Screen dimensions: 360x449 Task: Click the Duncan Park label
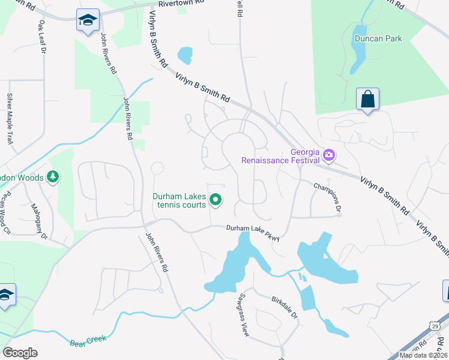(x=378, y=38)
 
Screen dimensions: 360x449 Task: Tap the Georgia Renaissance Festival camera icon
(x=328, y=155)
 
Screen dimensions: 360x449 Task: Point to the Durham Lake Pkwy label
(x=253, y=232)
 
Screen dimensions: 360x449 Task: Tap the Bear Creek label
(x=88, y=341)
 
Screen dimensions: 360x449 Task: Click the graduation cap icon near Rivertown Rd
(x=87, y=20)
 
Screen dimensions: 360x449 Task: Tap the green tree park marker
(x=53, y=177)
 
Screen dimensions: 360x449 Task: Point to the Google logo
(x=20, y=353)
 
